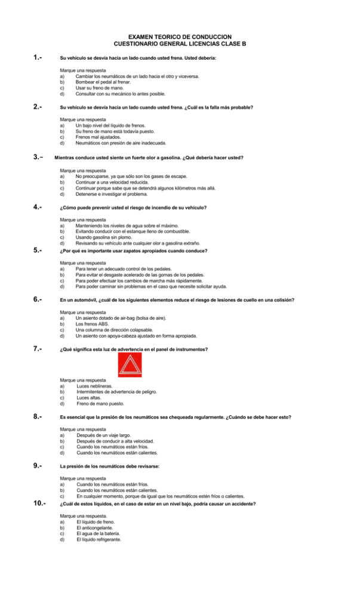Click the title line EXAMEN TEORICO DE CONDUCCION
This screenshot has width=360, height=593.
click(x=180, y=37)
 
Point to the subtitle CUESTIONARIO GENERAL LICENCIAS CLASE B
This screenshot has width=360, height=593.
click(x=180, y=44)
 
